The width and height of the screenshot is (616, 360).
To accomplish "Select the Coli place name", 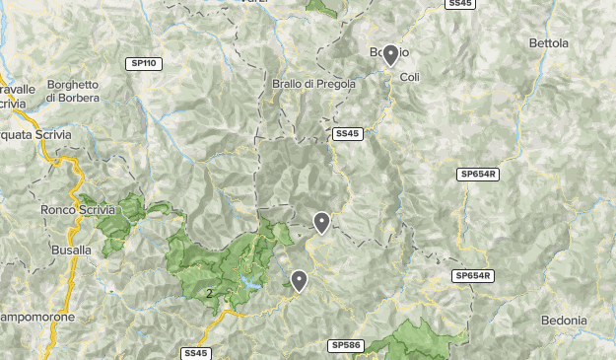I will point(410,78).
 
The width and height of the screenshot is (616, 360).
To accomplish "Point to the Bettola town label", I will point(549,43).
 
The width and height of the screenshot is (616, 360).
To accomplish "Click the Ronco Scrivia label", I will point(78,209).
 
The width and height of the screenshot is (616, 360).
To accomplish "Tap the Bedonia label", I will point(564,321).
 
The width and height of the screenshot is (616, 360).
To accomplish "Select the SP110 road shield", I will point(144,63).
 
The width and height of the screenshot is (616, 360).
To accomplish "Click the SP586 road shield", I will point(345,345).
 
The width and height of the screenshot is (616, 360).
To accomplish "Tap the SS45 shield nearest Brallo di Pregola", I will point(347,133).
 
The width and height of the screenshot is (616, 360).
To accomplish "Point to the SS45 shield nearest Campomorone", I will point(196,352).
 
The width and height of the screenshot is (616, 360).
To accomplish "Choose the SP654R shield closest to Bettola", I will point(479,174).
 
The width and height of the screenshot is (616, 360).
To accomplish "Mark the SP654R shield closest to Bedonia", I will point(473,275).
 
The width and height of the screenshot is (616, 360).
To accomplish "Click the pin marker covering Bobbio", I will point(390,54).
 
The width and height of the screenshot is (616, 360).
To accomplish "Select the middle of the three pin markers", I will point(321,222).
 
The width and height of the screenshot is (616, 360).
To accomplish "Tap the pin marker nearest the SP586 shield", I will point(299,281).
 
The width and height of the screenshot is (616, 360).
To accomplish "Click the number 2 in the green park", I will point(209,293).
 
